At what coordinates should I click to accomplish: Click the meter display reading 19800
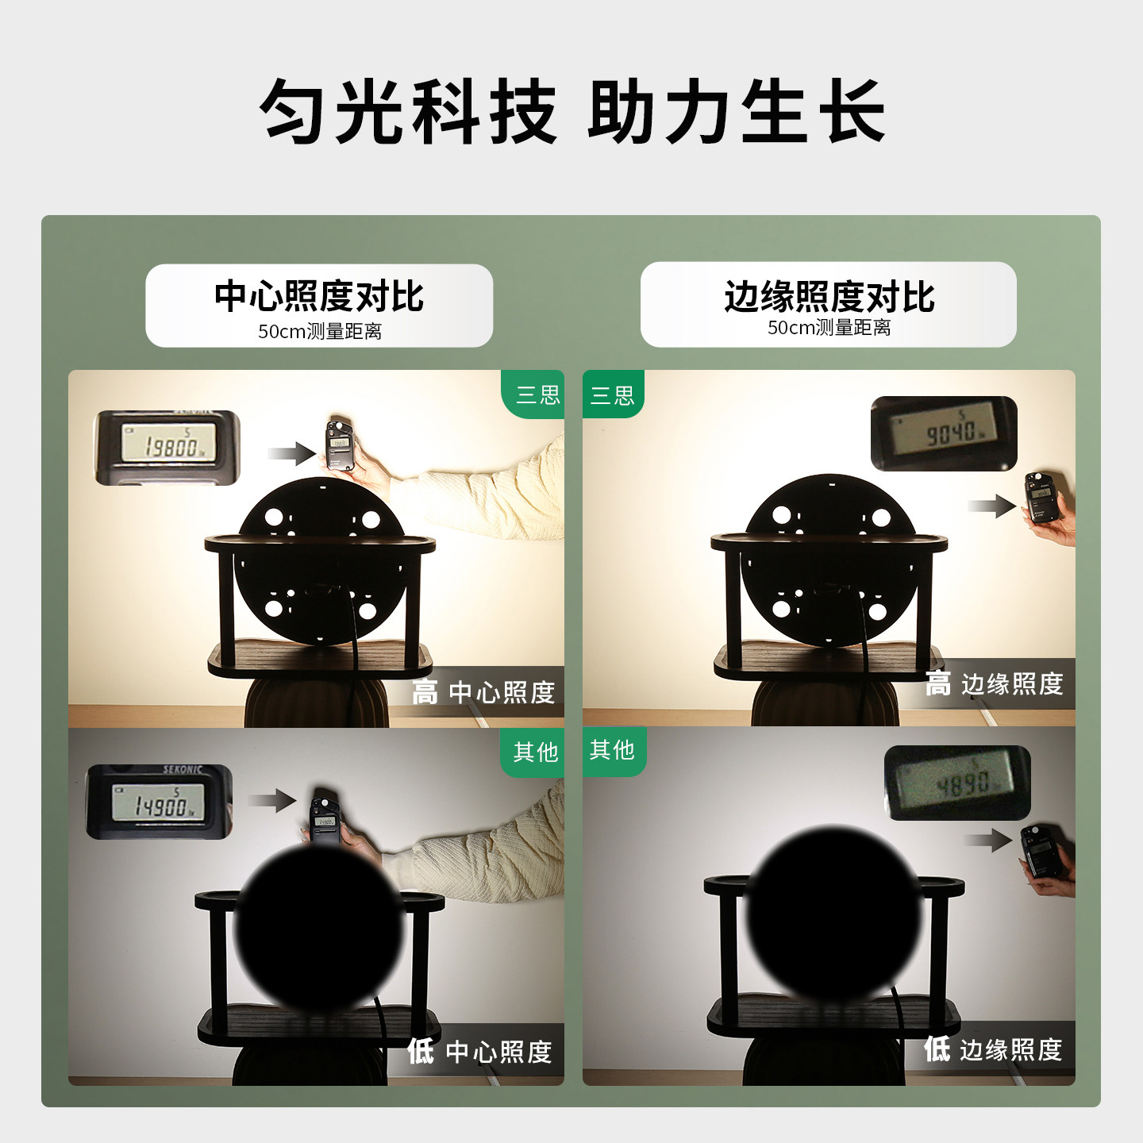(x=167, y=447)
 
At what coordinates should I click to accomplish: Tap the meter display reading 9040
(x=944, y=433)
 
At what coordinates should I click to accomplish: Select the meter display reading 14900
(x=159, y=802)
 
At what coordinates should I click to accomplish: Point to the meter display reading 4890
(x=957, y=783)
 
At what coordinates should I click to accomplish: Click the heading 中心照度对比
(x=319, y=297)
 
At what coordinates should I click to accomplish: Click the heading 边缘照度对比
(x=829, y=297)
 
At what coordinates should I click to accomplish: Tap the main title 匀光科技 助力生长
(x=571, y=111)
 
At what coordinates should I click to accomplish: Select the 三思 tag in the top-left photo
(x=537, y=394)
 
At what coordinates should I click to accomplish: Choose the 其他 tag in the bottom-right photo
(x=612, y=749)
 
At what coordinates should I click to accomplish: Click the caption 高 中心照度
(x=484, y=692)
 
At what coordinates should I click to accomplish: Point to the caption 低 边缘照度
(x=994, y=1049)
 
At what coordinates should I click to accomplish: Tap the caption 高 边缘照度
(x=995, y=683)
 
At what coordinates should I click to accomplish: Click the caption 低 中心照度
(x=480, y=1052)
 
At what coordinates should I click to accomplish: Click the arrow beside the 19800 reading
(x=291, y=453)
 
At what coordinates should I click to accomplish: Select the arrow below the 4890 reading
(x=989, y=840)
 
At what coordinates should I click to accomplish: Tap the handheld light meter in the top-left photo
(x=341, y=444)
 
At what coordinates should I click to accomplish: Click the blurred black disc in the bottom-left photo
(x=319, y=927)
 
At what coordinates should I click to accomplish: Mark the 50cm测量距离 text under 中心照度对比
(x=319, y=331)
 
